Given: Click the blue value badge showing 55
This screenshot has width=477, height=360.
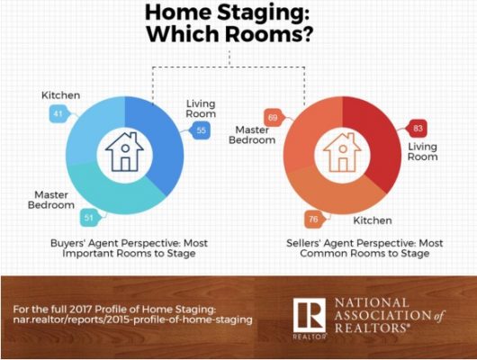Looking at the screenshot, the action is pyautogui.click(x=201, y=130).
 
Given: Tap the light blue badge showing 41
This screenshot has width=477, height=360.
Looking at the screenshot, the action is pyautogui.click(x=58, y=113).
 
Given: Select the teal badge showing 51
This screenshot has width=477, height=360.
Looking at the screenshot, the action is pyautogui.click(x=89, y=218).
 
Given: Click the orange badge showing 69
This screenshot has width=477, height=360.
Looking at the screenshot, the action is pyautogui.click(x=273, y=118).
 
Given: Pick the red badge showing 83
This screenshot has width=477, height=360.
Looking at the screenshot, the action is pyautogui.click(x=418, y=128).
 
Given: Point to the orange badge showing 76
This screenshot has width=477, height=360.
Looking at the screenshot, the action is pyautogui.click(x=313, y=219).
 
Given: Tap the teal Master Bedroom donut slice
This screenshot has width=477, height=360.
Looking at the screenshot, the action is pyautogui.click(x=112, y=194).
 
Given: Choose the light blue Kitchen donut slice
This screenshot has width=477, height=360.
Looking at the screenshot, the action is pyautogui.click(x=88, y=128).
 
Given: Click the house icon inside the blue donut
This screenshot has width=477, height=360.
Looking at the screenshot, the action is pyautogui.click(x=125, y=151).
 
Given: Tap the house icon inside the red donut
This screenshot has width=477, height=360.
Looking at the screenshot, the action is pyautogui.click(x=343, y=152).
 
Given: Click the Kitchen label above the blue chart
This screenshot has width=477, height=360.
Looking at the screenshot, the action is pyautogui.click(x=61, y=95).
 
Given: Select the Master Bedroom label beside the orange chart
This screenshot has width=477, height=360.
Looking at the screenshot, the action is pyautogui.click(x=252, y=135).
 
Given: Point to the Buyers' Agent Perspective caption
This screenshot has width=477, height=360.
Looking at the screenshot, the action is pyautogui.click(x=129, y=248).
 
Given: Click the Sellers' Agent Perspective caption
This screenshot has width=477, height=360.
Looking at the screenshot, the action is pyautogui.click(x=364, y=248).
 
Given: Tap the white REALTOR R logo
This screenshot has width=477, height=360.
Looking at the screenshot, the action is pyautogui.click(x=309, y=315).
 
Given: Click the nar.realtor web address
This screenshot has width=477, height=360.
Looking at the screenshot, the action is pyautogui.click(x=132, y=319).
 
